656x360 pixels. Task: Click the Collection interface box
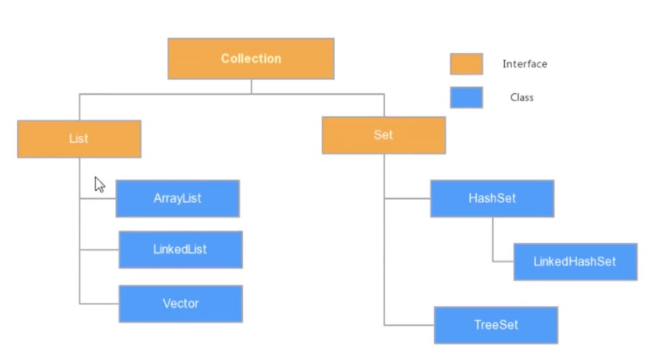(x=251, y=59)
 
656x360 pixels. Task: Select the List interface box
(x=79, y=139)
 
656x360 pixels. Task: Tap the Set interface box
(x=384, y=135)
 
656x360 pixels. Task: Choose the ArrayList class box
(x=177, y=199)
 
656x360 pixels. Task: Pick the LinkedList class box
(x=180, y=249)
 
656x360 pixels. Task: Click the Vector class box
(x=181, y=304)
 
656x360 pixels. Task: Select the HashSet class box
(x=492, y=198)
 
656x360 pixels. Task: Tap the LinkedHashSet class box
(x=575, y=262)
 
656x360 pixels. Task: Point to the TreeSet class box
(x=496, y=325)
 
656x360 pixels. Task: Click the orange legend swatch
(x=466, y=64)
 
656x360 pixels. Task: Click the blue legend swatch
(x=466, y=98)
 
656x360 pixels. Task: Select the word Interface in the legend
(x=525, y=64)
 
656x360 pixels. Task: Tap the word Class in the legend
(x=522, y=98)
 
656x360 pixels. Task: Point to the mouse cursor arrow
(x=99, y=184)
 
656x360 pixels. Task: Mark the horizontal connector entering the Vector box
(x=99, y=304)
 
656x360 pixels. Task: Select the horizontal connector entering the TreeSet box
(x=409, y=325)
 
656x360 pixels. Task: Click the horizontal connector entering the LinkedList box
(x=99, y=249)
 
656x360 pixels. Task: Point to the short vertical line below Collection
(x=251, y=86)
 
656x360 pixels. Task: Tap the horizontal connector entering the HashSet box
(x=407, y=198)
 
